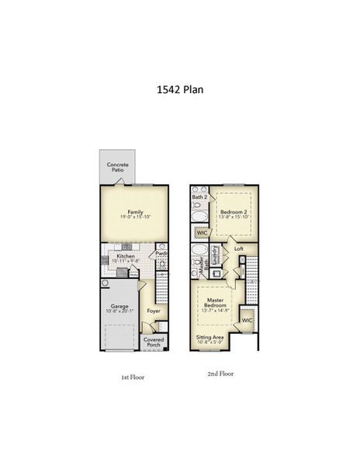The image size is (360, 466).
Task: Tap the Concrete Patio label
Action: [118, 167]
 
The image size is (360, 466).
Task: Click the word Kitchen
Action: [126, 256]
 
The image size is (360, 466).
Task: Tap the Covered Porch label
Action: [154, 342]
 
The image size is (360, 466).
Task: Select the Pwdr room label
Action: [161, 253]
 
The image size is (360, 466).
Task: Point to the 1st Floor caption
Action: [132, 377]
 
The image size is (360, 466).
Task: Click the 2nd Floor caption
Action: [221, 374]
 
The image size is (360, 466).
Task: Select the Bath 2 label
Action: [199, 198]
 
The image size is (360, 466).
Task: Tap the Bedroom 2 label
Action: [233, 211]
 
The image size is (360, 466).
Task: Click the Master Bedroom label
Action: [215, 303]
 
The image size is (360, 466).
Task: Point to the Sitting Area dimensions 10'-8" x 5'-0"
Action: [211, 343]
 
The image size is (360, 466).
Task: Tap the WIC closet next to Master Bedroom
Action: [247, 320]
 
